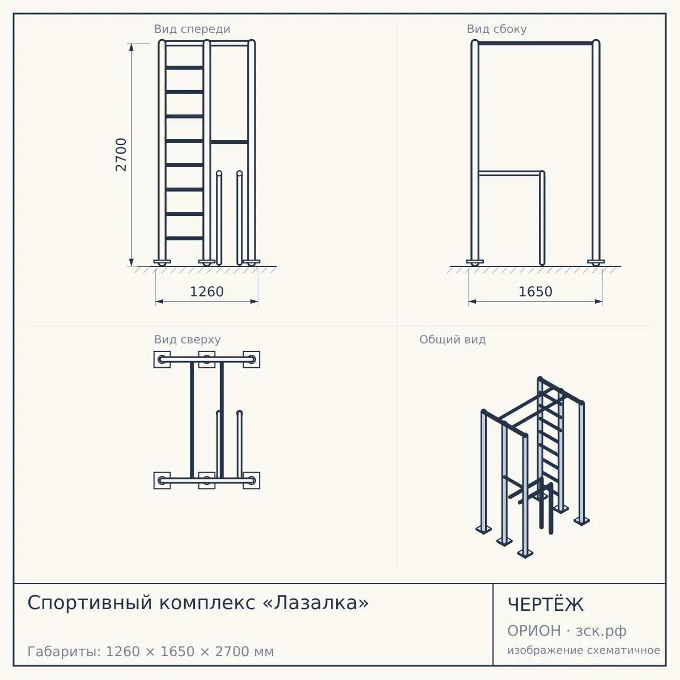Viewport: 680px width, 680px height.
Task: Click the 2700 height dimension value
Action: point(121,155)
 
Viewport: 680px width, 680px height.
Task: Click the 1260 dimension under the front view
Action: point(207,292)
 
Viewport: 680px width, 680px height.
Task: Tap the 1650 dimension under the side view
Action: point(535,292)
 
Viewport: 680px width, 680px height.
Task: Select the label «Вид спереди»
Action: point(192,29)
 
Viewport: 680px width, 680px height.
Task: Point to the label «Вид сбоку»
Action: point(497,29)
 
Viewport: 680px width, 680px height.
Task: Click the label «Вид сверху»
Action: point(188,339)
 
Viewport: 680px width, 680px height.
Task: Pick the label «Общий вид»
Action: point(452,339)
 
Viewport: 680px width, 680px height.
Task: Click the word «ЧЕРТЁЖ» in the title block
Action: point(546,605)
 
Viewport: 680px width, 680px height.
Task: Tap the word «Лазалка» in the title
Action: point(316,602)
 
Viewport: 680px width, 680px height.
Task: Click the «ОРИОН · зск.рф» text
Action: point(567,631)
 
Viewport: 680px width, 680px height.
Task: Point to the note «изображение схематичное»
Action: point(584,650)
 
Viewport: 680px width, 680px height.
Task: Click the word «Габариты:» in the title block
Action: point(65,652)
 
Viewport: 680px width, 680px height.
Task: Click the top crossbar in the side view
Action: point(535,44)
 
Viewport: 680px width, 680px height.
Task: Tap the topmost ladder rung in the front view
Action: point(184,67)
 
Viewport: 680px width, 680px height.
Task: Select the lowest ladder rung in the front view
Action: point(184,238)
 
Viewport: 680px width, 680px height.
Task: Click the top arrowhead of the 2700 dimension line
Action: point(131,47)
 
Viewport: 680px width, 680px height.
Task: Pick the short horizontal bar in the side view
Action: point(509,173)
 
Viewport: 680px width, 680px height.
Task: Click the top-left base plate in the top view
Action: point(162,360)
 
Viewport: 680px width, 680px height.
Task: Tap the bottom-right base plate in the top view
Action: point(252,481)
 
